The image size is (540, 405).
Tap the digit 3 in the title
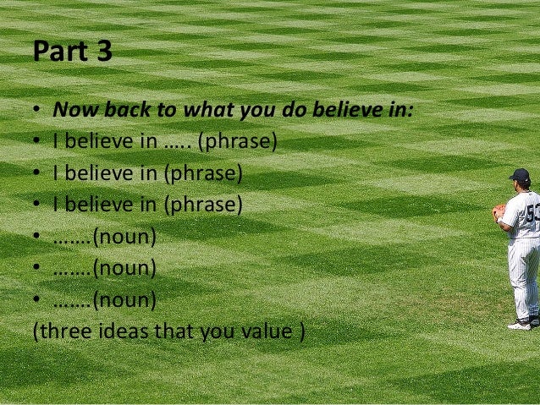103,52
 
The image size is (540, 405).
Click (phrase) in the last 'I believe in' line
202,205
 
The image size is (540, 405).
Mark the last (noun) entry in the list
124,299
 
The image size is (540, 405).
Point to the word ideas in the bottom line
120,331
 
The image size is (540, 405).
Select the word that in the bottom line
172,331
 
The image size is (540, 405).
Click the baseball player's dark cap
520,175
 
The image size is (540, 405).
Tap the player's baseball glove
499,212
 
